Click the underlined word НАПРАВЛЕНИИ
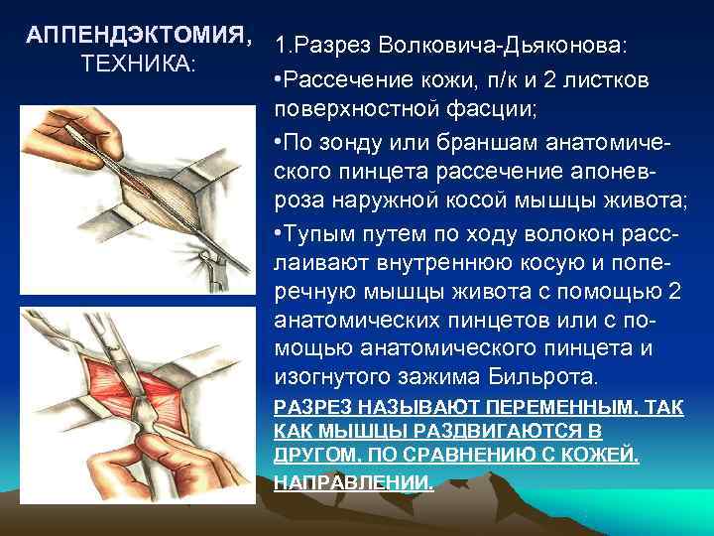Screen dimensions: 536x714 point(354,481)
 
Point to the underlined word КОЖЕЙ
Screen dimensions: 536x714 point(605,457)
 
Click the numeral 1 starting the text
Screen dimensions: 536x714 point(281,47)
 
